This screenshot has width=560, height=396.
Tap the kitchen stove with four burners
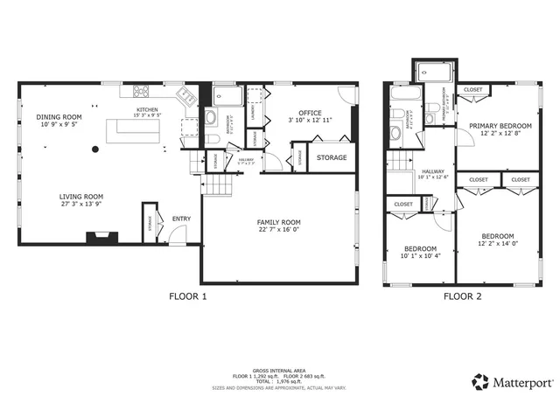click(x=143, y=91)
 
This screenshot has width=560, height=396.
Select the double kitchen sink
click(x=185, y=96)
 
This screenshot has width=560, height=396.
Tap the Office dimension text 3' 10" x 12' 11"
click(x=309, y=121)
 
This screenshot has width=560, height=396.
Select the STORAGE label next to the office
click(x=332, y=158)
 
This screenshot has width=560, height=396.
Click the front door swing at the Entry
click(x=178, y=233)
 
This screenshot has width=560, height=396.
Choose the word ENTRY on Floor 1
click(x=181, y=219)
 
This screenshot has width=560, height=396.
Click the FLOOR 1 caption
click(x=188, y=296)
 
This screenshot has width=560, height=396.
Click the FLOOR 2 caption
click(x=462, y=296)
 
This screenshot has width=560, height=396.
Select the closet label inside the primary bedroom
click(x=472, y=90)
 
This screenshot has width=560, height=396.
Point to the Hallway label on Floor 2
click(x=433, y=171)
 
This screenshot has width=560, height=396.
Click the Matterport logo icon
click(x=479, y=381)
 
